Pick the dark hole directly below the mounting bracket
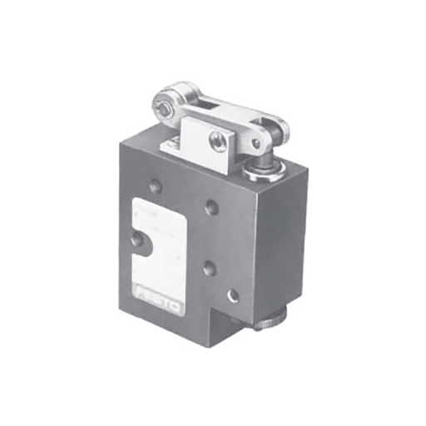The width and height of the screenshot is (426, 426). coord(213,207)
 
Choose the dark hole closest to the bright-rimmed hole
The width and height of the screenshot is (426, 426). coord(210,269)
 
